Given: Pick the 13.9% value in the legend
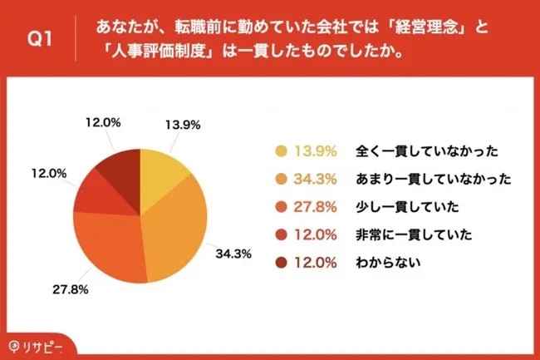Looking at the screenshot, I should [x=317, y=150].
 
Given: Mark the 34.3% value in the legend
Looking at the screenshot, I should [x=317, y=179].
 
